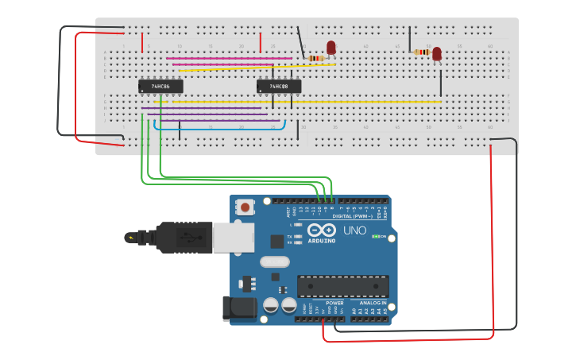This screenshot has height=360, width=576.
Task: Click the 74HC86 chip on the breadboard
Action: [x=160, y=86]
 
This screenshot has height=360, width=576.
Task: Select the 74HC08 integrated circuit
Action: [x=279, y=86]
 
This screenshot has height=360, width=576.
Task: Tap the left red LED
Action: [x=331, y=48]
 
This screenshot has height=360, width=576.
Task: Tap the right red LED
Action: [x=437, y=53]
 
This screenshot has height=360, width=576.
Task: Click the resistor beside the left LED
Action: [x=315, y=58]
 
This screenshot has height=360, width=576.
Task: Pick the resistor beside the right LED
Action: [x=422, y=52]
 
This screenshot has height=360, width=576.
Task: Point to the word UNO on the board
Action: [x=355, y=230]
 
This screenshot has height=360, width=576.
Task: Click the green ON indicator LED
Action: [x=375, y=237]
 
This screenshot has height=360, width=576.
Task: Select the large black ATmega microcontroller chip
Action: [x=342, y=287]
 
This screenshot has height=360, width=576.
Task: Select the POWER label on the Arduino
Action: [x=334, y=303]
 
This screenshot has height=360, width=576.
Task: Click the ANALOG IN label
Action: [x=373, y=303]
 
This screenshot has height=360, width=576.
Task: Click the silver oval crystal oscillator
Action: [x=275, y=261]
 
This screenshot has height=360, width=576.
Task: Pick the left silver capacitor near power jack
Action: [x=271, y=305]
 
